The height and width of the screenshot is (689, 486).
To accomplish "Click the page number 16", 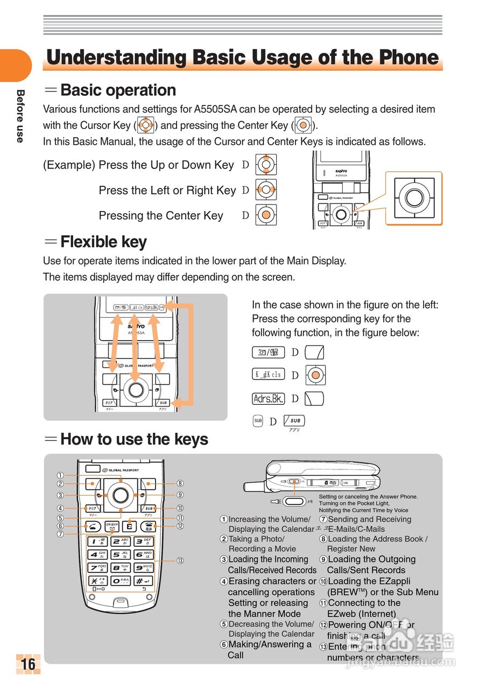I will pyautogui.click(x=28, y=664).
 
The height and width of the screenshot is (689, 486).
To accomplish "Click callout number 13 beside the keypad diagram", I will pyautogui.click(x=180, y=560).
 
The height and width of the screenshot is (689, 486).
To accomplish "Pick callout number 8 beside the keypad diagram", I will pyautogui.click(x=180, y=483).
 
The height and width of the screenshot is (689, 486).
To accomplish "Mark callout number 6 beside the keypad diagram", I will pyautogui.click(x=61, y=526).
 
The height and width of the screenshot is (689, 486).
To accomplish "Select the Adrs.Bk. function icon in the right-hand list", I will pyautogui.click(x=268, y=399).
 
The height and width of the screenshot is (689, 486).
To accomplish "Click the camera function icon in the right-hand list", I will pyautogui.click(x=268, y=353).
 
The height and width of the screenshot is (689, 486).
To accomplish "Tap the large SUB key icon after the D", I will pyautogui.click(x=294, y=420).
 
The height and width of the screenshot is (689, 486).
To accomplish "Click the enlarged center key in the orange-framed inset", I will pyautogui.click(x=414, y=197).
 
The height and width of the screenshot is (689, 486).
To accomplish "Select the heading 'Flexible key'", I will pyautogui.click(x=103, y=242).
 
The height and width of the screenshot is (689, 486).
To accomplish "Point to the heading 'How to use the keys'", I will pyautogui.click(x=134, y=439).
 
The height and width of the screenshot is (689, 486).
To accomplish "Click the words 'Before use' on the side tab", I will pyautogui.click(x=20, y=116).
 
